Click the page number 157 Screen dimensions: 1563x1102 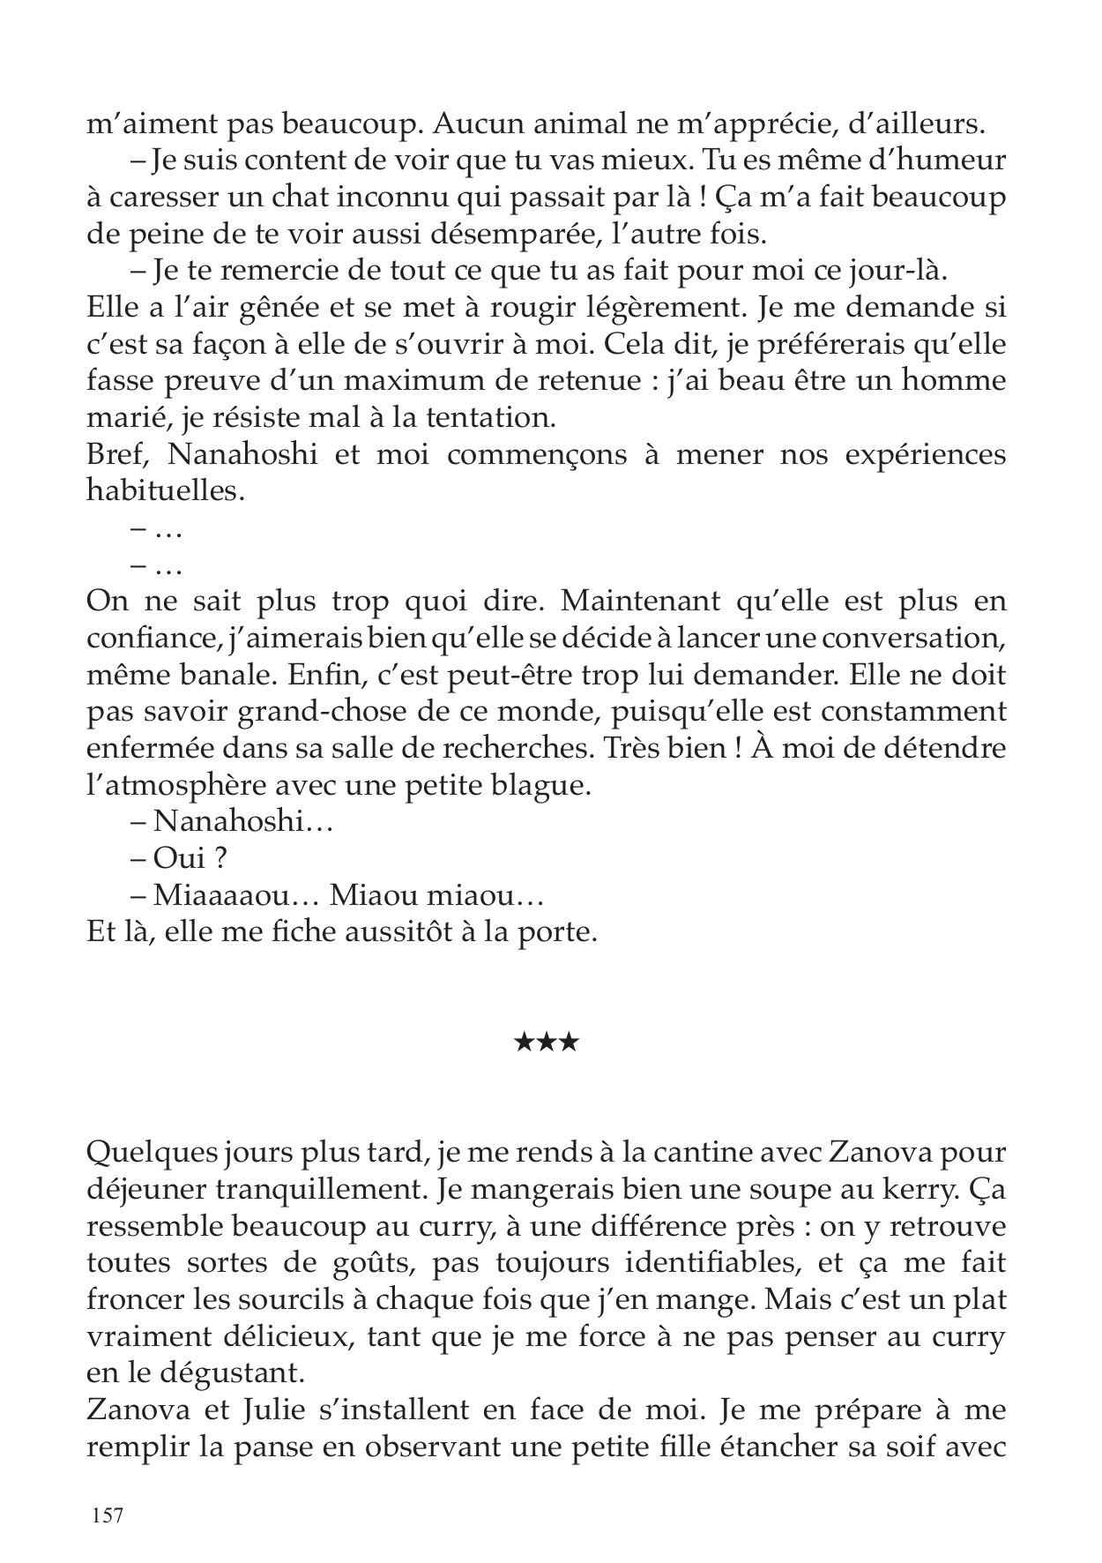[105, 1516]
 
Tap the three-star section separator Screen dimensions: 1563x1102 [546, 1043]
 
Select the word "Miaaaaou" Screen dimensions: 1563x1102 [231, 896]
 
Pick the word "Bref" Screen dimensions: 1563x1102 [118, 455]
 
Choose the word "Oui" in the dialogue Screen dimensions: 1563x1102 [179, 859]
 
